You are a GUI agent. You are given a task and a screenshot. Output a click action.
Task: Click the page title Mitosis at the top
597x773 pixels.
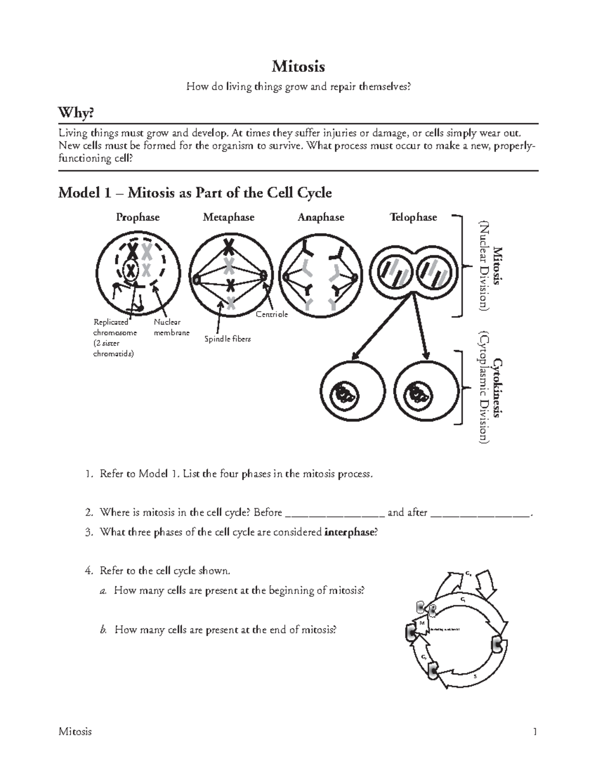coord(298,66)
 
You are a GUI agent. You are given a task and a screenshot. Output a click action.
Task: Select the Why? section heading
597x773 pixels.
coord(76,113)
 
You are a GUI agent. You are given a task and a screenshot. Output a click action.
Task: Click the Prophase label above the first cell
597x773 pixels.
coord(137,217)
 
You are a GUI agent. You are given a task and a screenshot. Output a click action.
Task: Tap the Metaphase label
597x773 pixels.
coord(228,217)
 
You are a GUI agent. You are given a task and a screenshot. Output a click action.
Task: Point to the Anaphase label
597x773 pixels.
coord(321,217)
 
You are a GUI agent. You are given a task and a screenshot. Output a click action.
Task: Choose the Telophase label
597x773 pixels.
coord(413,217)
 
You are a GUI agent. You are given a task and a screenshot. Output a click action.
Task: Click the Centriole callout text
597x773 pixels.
coord(272,314)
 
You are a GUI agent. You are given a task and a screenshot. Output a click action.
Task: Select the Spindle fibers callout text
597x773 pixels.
coord(227,339)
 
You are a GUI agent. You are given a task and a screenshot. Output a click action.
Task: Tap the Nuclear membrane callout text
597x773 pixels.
coord(171,328)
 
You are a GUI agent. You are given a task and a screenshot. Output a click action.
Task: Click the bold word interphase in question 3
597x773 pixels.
coord(348,532)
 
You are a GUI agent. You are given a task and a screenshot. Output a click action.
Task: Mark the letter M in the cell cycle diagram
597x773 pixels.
coord(422,623)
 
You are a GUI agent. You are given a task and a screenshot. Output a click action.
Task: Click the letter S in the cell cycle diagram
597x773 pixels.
coord(475,676)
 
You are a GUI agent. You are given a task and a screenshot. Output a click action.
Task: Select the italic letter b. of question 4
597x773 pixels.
coord(103,630)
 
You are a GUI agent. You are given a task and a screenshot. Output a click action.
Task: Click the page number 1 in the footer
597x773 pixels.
coord(535,731)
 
